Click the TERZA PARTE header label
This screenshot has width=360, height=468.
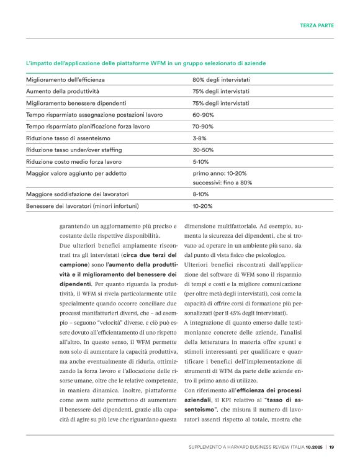pyautogui.click(x=317, y=25)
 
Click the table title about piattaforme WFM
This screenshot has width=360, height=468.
pyautogui.click(x=146, y=63)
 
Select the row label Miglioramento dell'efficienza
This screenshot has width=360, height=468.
pyautogui.click(x=65, y=80)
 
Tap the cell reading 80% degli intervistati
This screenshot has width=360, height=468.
pyautogui.click(x=221, y=80)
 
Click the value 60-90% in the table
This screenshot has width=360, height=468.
pyautogui.click(x=203, y=115)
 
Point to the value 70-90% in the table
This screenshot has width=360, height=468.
pyautogui.click(x=203, y=126)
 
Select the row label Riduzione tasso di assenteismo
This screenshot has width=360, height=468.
pyautogui.click(x=70, y=138)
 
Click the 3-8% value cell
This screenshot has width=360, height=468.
pyautogui.click(x=199, y=138)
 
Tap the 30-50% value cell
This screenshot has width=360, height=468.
pyautogui.click(x=203, y=150)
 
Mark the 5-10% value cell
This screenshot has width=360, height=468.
pyautogui.click(x=201, y=161)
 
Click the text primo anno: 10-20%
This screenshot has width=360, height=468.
pyautogui.click(x=219, y=173)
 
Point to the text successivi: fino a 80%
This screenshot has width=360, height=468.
pyautogui.click(x=222, y=183)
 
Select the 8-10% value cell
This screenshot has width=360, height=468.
pyautogui.click(x=201, y=195)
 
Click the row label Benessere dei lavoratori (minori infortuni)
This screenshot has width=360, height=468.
pyautogui.click(x=82, y=206)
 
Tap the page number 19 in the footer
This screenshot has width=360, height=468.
pyautogui.click(x=331, y=447)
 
